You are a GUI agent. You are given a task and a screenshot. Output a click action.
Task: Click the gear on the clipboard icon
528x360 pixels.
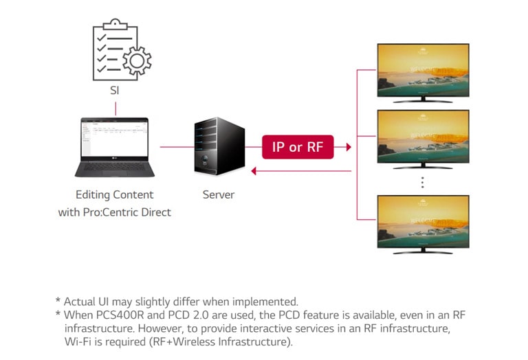pyautogui.click(x=136, y=63)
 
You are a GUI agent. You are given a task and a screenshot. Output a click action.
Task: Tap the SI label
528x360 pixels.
pyautogui.click(x=115, y=91)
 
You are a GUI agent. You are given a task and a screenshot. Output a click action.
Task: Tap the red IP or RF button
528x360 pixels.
pyautogui.click(x=298, y=147)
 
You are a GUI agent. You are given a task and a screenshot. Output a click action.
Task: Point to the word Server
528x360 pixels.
pyautogui.click(x=218, y=195)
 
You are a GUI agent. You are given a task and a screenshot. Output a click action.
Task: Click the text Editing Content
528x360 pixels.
pyautogui.click(x=115, y=195)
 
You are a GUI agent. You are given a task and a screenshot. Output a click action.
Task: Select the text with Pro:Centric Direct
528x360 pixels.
pyautogui.click(x=115, y=212)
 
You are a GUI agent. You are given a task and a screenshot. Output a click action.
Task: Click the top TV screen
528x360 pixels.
pyautogui.click(x=422, y=71)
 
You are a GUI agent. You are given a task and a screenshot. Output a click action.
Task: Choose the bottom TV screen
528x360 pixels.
pyautogui.click(x=422, y=221)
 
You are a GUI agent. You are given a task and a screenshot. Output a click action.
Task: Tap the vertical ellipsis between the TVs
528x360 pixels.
pyautogui.click(x=422, y=182)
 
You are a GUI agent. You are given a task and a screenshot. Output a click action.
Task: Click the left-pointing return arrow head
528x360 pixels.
pyautogui.click(x=254, y=171)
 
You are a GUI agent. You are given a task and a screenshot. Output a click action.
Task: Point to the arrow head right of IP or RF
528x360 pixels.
pyautogui.click(x=348, y=147)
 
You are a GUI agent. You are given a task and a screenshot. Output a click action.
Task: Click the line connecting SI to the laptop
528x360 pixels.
pyautogui.click(x=115, y=108)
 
